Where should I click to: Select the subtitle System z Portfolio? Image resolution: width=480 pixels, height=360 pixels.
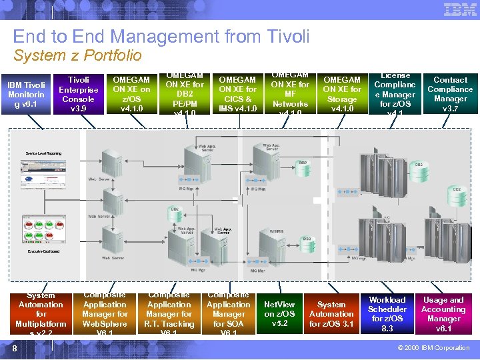coord(77,55)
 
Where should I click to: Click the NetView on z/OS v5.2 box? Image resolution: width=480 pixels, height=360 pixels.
coord(279,314)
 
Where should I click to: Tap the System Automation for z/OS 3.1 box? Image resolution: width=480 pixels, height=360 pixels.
coord(331,314)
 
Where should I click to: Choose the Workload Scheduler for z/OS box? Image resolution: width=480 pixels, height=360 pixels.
coord(387,314)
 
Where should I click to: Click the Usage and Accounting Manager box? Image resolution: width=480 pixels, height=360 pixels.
coord(443,314)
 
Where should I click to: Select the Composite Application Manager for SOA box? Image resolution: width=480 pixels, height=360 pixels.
coord(229,314)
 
